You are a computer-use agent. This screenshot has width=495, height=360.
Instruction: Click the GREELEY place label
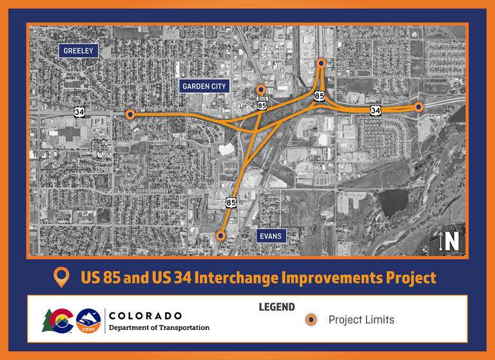point(78,50)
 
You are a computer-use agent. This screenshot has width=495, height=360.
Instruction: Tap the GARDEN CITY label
point(204,86)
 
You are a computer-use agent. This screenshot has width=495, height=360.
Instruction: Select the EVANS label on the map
point(271,235)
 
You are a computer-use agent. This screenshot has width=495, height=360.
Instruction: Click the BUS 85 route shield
point(262,103)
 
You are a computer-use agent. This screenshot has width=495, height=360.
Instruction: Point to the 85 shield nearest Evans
point(231,203)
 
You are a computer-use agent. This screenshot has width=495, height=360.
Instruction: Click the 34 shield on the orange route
point(375,110)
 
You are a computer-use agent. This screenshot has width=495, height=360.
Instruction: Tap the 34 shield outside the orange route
point(79,112)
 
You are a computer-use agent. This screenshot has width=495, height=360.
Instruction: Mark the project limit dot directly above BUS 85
point(261,90)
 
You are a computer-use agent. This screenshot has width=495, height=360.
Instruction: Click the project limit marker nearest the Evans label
point(220,235)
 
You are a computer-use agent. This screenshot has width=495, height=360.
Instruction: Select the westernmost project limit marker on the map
point(130,114)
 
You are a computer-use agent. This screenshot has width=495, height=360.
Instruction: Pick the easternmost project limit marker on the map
point(418,107)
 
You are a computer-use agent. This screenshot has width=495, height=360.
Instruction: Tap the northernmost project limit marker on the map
point(322,63)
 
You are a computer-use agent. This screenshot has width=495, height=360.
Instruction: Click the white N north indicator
point(452,241)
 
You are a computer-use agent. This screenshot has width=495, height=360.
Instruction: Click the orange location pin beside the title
point(62,277)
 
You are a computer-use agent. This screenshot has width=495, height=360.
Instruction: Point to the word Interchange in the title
point(237,277)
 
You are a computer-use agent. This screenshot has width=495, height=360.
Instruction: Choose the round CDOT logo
point(88,321)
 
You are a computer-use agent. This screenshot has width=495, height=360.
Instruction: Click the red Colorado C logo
point(61,321)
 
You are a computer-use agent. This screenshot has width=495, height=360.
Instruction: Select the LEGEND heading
point(277,307)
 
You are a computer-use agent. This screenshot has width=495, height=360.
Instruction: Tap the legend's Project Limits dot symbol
point(311,319)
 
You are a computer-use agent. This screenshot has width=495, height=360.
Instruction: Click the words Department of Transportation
point(159,328)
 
